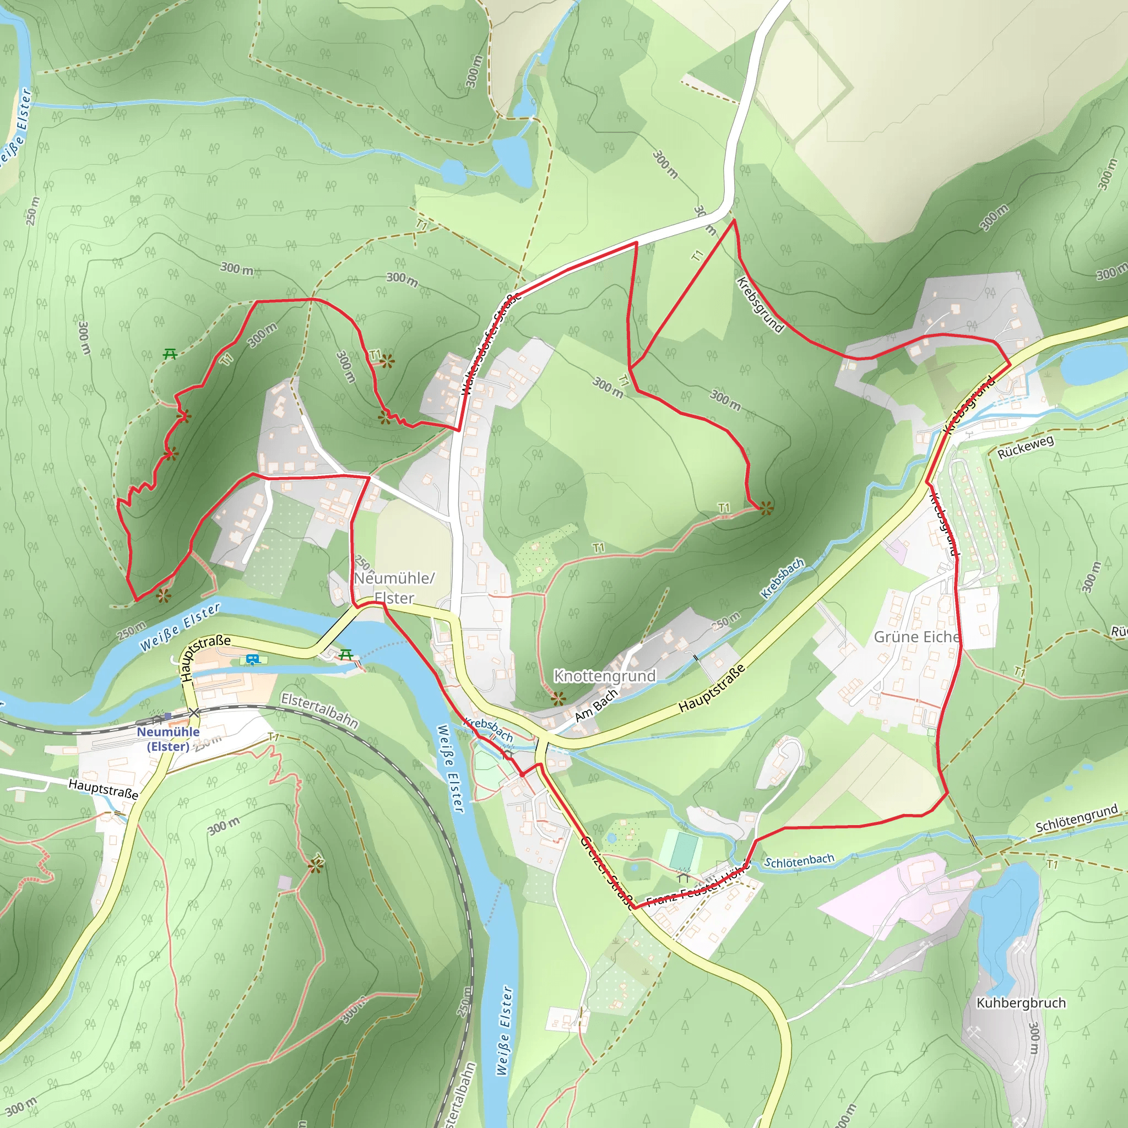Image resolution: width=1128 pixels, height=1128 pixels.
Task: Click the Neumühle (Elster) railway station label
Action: tap(168, 739)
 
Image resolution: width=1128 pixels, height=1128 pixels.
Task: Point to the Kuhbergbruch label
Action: tap(1021, 1002)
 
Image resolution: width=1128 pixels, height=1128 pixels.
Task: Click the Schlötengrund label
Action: tap(1077, 818)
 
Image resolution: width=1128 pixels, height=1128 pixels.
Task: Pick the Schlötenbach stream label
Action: tap(799, 861)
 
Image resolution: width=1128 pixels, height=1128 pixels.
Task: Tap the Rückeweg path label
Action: tap(1025, 446)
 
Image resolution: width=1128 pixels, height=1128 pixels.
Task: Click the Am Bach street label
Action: tap(595, 706)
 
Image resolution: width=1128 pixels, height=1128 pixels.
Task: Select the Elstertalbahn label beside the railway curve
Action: tap(319, 710)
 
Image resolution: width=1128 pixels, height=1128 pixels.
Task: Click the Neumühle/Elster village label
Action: tap(394, 587)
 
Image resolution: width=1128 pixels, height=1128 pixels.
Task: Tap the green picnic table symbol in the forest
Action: tap(170, 353)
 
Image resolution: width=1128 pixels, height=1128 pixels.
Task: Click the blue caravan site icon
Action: tap(252, 659)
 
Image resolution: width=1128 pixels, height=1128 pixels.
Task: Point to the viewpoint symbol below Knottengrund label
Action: tap(558, 698)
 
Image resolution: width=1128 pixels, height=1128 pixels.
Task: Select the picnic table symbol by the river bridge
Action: tap(346, 654)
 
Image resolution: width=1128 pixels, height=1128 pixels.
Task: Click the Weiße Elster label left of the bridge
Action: tap(180, 626)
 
